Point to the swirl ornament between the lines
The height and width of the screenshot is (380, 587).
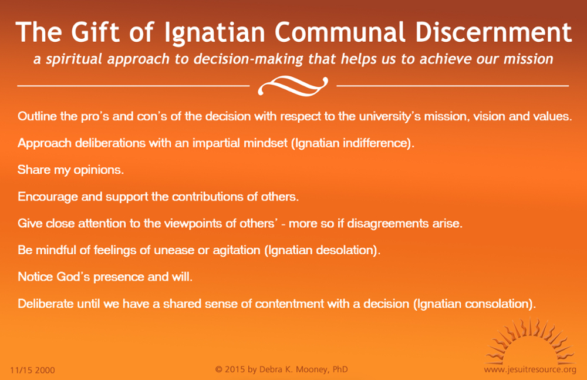293,86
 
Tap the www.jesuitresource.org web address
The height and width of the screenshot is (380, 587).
530,370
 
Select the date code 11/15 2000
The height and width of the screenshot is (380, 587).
32,370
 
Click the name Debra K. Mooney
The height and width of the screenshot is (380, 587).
295,369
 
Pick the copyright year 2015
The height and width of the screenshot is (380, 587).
235,369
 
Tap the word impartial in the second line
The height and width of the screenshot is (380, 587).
215,143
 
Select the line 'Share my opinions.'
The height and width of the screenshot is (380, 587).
71,170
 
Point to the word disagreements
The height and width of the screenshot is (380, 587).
388,224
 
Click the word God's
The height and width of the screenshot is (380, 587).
73,277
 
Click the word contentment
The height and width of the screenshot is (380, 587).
289,304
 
